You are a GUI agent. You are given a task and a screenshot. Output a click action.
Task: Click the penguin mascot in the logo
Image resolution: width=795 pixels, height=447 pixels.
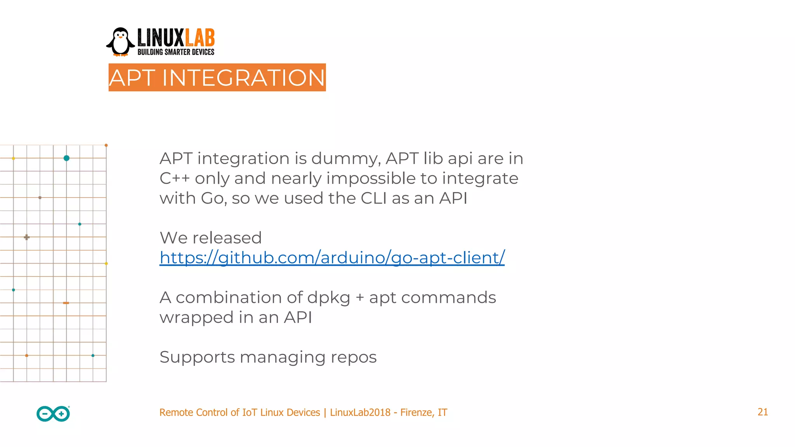[x=120, y=42]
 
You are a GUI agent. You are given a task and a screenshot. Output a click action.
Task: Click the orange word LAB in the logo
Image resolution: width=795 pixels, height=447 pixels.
[x=200, y=38]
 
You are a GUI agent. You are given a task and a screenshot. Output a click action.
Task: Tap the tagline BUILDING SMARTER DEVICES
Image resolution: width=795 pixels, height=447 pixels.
[x=176, y=52]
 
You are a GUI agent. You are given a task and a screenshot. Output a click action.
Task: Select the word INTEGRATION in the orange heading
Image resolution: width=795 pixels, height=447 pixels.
[x=243, y=78]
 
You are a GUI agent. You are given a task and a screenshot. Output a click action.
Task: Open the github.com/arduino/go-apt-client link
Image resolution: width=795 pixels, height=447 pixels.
[x=332, y=258]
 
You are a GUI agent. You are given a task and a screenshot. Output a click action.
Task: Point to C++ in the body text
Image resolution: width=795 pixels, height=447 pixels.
[x=174, y=178]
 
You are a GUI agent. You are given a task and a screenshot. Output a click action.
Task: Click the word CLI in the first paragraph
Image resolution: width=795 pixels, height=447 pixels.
[x=373, y=198]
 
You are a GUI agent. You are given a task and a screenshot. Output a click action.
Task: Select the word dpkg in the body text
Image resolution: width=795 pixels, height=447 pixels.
[x=328, y=298]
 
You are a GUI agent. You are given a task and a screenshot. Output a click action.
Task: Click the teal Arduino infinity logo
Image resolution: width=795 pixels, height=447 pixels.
[x=53, y=414]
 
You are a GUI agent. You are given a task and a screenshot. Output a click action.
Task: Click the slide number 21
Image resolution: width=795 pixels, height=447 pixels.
[x=762, y=412]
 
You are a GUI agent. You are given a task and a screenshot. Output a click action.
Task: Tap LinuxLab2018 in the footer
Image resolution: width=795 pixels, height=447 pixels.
[x=360, y=412]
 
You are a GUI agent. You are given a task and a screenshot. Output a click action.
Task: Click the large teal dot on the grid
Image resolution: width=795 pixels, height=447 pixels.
[x=66, y=158]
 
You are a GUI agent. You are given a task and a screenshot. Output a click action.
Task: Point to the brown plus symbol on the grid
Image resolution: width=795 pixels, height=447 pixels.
[x=26, y=237]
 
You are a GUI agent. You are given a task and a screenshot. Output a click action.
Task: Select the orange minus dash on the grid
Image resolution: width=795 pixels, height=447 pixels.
[x=66, y=303]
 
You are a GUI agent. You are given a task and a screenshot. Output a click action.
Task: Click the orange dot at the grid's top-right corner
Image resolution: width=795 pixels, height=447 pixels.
[x=106, y=145]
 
